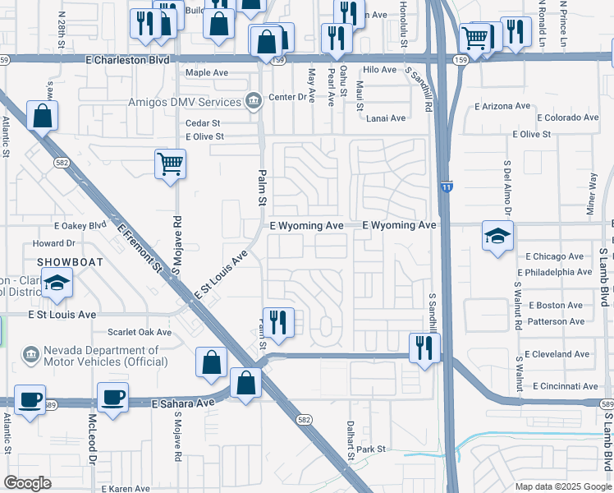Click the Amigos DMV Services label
tap(185, 102)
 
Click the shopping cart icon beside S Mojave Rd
tap(170, 164)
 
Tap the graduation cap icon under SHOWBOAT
tap(57, 283)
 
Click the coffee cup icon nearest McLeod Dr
tap(112, 398)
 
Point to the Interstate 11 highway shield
tap(445, 188)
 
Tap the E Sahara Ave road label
tap(183, 403)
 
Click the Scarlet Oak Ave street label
tap(140, 333)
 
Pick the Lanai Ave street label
tap(386, 118)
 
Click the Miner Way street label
tap(592, 194)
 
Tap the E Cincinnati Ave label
tap(565, 385)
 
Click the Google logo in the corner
tap(28, 482)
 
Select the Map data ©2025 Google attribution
tap(562, 486)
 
